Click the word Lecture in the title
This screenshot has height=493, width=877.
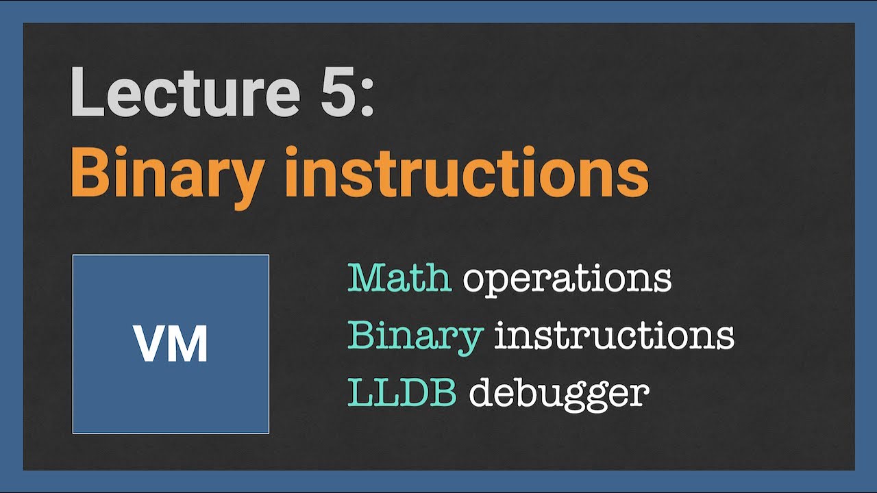[186, 92]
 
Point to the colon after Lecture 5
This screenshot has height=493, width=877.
[367, 99]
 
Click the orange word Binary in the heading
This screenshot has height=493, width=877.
[168, 177]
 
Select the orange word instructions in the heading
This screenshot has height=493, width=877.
[467, 171]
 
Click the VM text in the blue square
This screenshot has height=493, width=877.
[170, 344]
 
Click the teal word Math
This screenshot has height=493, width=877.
[399, 278]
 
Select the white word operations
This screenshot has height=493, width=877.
[567, 281]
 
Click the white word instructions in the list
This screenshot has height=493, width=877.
[615, 335]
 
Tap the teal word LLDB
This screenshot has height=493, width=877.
[402, 392]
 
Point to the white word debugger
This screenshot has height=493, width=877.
[559, 395]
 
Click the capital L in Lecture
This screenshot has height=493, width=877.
[87, 92]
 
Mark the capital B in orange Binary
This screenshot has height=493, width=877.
[91, 171]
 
